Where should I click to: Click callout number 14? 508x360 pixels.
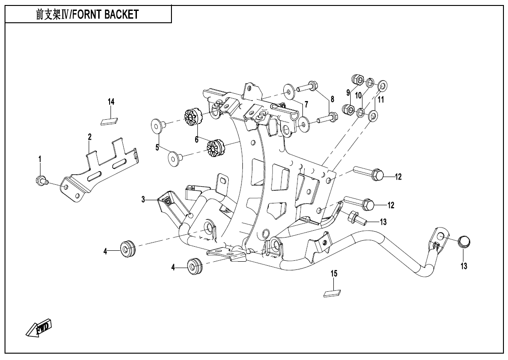[111, 101]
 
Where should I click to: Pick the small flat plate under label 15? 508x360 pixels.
[332, 294]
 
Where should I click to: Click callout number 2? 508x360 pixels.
[90, 137]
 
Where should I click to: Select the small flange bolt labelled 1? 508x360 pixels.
[40, 180]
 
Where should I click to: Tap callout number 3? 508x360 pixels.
[143, 199]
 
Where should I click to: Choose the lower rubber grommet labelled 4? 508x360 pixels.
[195, 266]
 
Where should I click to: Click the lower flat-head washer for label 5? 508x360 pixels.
[175, 157]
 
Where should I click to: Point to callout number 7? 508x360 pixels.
[307, 105]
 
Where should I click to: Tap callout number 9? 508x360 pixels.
[348, 92]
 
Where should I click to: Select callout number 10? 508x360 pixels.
[358, 95]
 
